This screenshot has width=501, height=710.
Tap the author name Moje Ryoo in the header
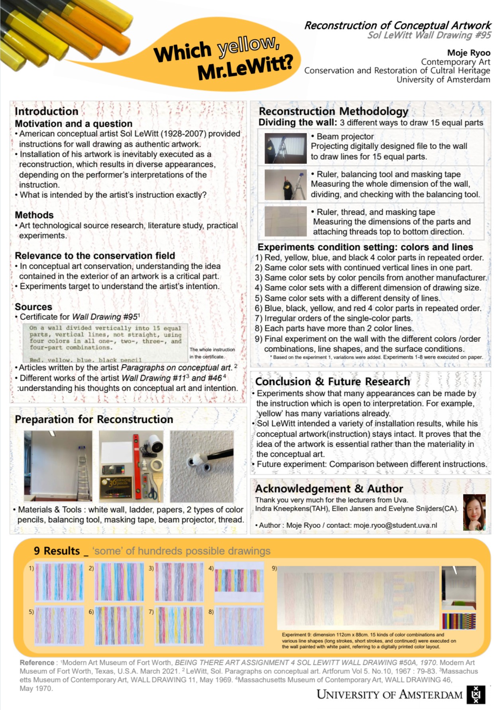click(x=468, y=53)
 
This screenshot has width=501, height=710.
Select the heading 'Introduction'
click(x=47, y=111)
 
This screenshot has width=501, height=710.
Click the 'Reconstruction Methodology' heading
click(x=333, y=111)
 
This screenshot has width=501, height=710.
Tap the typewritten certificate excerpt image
click(x=105, y=343)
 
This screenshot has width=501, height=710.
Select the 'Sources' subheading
click(x=33, y=307)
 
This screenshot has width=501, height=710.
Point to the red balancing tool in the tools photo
click(x=137, y=466)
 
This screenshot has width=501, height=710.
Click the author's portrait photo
click(x=474, y=512)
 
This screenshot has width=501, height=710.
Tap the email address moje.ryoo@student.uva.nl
click(x=395, y=525)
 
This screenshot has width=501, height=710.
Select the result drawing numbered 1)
click(x=59, y=582)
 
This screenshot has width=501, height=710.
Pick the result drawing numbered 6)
click(x=119, y=626)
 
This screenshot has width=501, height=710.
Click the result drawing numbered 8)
click(x=239, y=626)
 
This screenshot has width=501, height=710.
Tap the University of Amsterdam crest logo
click(x=475, y=695)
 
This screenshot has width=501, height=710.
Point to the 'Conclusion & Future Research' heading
click(x=332, y=382)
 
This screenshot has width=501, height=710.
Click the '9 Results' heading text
click(x=57, y=551)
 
